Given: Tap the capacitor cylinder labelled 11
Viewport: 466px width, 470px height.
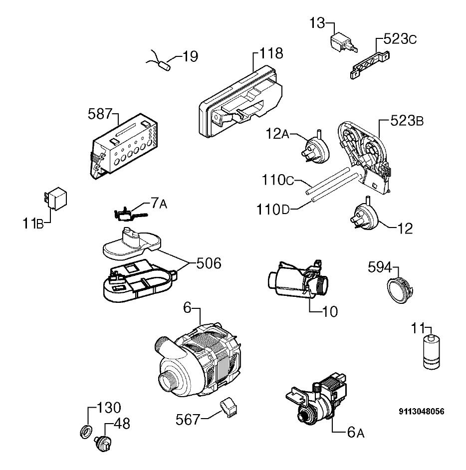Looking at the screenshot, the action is click(432, 352).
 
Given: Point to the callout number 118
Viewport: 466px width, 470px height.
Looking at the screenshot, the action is click(271, 53).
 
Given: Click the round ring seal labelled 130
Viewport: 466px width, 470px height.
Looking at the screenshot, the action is click(86, 431).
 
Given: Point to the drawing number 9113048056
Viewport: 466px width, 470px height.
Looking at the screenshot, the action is click(422, 412).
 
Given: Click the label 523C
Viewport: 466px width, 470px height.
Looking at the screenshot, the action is click(400, 39).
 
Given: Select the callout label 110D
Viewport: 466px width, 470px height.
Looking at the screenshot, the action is click(273, 210).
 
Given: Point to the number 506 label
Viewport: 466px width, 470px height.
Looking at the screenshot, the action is click(209, 263).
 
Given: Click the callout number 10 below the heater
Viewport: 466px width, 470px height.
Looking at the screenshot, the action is click(330, 312).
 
